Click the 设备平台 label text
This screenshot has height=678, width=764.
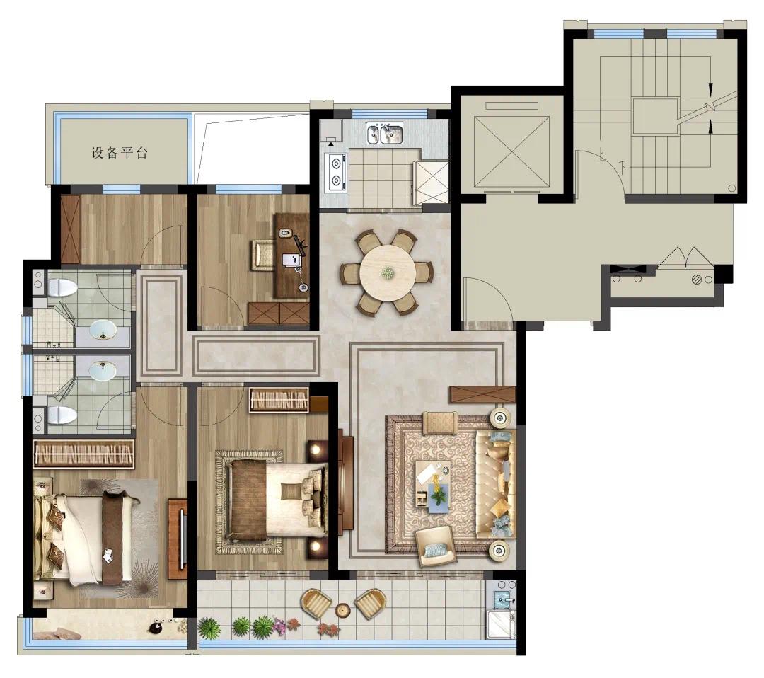120,153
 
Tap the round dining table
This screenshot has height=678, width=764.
388,272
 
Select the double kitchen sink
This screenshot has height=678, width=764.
385,134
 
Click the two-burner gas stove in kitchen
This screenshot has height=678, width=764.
336,173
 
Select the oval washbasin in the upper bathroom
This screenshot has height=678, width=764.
103,330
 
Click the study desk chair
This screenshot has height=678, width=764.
262,254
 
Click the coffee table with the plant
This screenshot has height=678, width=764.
433,485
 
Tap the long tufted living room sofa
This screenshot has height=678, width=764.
495,484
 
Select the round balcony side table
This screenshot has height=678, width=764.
343,609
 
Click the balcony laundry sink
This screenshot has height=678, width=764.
502,599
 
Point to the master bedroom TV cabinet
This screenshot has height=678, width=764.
178,539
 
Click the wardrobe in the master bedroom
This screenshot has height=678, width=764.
83,454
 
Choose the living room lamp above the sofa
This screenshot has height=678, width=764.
500,418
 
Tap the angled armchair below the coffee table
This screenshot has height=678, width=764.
436,546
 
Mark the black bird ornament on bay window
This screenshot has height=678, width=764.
159,628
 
